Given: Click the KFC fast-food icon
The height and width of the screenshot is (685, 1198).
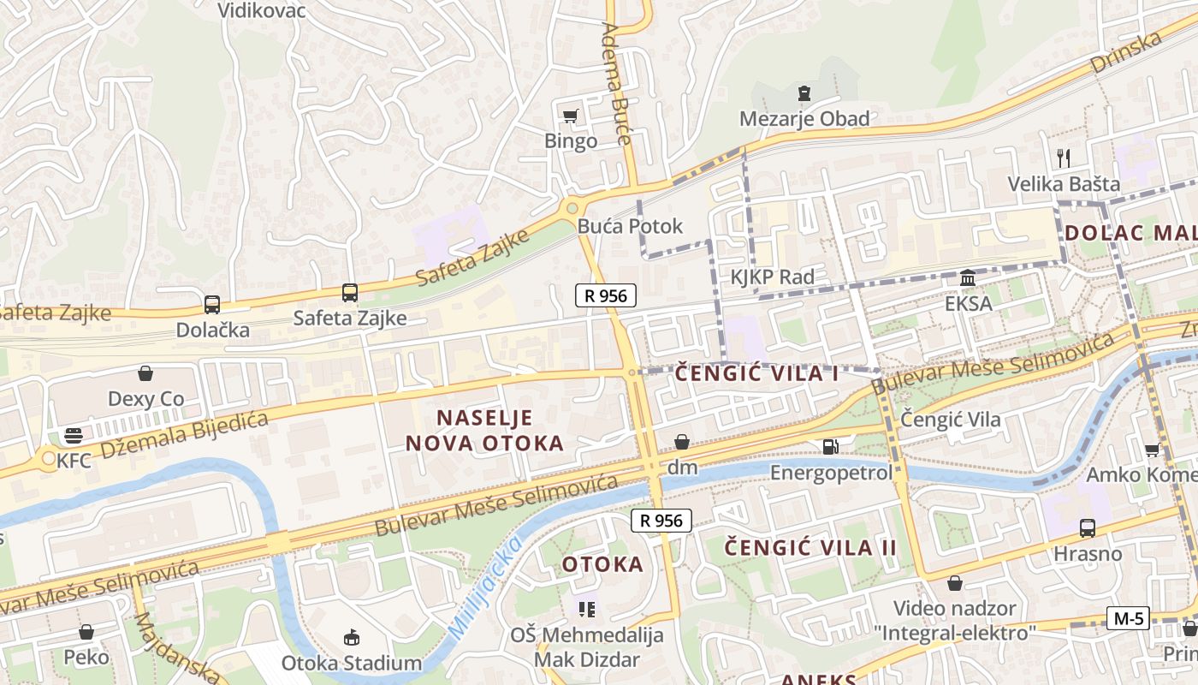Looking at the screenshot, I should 74,435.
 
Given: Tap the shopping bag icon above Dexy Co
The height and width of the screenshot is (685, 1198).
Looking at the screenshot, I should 145,373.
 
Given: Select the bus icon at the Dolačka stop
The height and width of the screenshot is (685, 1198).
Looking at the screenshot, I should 211,304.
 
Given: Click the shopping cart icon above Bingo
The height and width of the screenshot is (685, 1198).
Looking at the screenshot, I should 570,116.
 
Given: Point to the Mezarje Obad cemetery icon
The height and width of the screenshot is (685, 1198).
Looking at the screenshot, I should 804,92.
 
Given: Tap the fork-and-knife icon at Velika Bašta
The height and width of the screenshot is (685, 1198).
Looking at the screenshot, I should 1064,158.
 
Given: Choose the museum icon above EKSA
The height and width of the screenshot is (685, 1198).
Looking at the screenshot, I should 968,277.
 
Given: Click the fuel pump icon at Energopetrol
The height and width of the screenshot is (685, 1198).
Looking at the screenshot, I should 829,446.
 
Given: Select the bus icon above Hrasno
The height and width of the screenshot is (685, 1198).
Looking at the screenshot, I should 1087,527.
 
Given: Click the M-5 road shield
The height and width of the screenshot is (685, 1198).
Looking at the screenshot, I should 1128,618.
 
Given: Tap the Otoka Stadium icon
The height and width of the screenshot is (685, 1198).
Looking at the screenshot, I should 351,637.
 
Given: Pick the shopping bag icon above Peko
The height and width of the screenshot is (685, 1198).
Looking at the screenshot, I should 86,632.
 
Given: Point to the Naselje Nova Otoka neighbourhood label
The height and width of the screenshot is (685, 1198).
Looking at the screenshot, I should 484,431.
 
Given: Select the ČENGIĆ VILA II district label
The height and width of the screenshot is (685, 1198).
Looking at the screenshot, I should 810,548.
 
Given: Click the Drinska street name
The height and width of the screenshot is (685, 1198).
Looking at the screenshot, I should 1126,52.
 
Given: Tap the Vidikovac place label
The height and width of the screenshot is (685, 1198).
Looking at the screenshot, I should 261,10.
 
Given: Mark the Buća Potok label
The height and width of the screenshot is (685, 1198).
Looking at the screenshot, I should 630,226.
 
